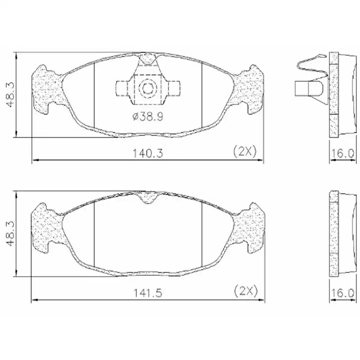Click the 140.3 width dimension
click(x=148, y=153)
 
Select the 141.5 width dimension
click(x=148, y=293)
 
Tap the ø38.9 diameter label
click(x=148, y=117)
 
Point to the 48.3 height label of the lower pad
click(x=10, y=234)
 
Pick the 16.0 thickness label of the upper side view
click(x=342, y=153)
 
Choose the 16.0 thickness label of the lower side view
click(x=342, y=293)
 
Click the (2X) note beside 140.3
click(x=245, y=152)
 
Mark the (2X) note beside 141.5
click(x=246, y=291)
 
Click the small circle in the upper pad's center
click(x=148, y=88)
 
